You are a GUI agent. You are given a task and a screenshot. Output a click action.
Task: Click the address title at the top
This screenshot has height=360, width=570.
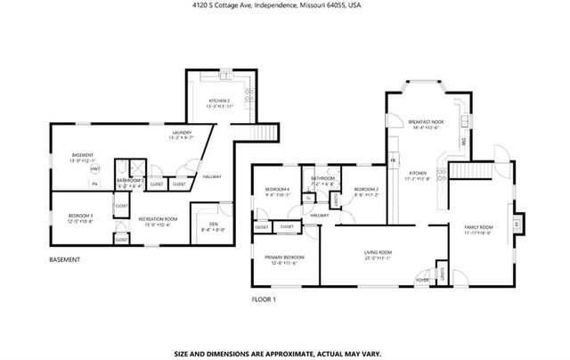[x=285, y=4]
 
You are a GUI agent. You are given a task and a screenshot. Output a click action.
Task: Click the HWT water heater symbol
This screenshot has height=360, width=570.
[x=95, y=168]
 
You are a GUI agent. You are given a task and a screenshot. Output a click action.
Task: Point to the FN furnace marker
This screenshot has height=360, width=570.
[x=94, y=184]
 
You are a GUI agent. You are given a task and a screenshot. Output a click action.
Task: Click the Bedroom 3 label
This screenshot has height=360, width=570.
[x=81, y=217]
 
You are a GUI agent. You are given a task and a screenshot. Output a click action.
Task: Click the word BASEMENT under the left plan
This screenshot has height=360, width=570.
[x=64, y=259]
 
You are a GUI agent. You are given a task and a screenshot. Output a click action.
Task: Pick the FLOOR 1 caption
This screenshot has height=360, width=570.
[x=264, y=299]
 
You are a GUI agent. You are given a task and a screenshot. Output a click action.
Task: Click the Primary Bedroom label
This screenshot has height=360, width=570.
[x=284, y=258]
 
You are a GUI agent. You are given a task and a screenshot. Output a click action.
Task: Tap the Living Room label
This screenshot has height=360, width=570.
[x=378, y=255]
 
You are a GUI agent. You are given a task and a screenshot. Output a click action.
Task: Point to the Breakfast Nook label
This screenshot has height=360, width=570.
[x=426, y=124]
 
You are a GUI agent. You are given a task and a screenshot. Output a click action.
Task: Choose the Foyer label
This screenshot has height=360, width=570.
[x=422, y=280]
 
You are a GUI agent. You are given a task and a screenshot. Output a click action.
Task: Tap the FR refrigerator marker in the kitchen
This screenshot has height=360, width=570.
[x=392, y=161]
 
